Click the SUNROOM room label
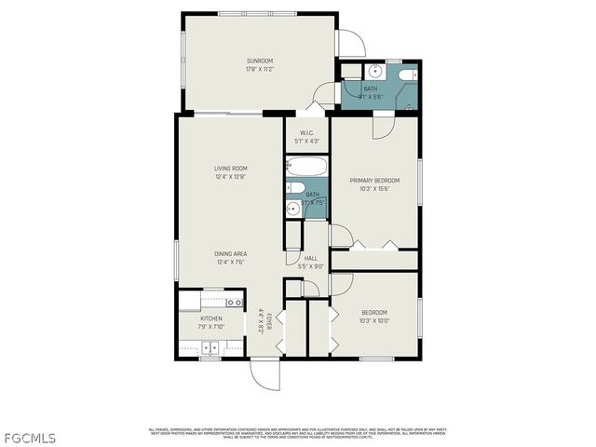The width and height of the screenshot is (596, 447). pos(260,61)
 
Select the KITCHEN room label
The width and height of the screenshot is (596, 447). pos(211,318)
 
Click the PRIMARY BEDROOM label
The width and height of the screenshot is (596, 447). pos(375,180)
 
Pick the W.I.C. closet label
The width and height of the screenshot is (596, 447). pos(306,133)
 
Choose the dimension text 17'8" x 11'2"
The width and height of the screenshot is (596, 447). pos(260,69)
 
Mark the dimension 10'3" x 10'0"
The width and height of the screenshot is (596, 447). pos(373,320)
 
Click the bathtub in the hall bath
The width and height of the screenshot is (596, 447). pos(307,169)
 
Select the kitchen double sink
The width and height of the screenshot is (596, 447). pos(211,348)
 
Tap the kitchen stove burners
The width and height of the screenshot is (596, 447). pos(235,303)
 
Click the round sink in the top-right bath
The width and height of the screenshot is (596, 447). pos(375,71)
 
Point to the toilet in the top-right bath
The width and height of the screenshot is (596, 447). pos(406,75)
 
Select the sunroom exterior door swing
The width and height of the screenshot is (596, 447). pos(351,43)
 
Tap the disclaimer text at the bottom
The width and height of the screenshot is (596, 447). pos(297,433)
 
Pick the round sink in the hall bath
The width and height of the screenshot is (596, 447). pos(292,208)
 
